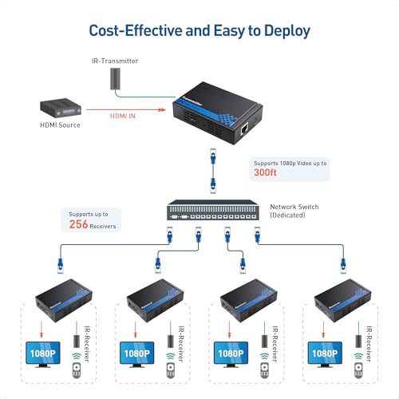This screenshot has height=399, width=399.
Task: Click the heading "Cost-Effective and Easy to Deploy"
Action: tap(199, 30)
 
